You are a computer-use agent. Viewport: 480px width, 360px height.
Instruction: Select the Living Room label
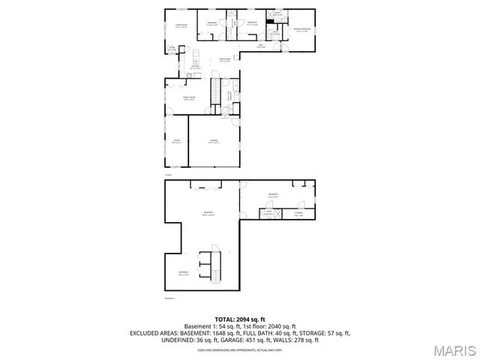(181, 27)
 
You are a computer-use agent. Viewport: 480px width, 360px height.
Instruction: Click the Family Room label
(180, 97)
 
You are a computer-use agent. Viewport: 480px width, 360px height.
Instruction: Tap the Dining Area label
(224, 60)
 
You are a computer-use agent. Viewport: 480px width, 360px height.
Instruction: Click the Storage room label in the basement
(298, 214)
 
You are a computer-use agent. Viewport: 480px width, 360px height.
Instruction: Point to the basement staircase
(216, 265)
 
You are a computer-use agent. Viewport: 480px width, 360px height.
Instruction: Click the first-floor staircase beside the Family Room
(215, 93)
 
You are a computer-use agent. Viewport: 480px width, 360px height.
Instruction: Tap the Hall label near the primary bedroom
(262, 46)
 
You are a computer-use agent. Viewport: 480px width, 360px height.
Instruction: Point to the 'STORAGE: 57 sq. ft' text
(323, 332)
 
